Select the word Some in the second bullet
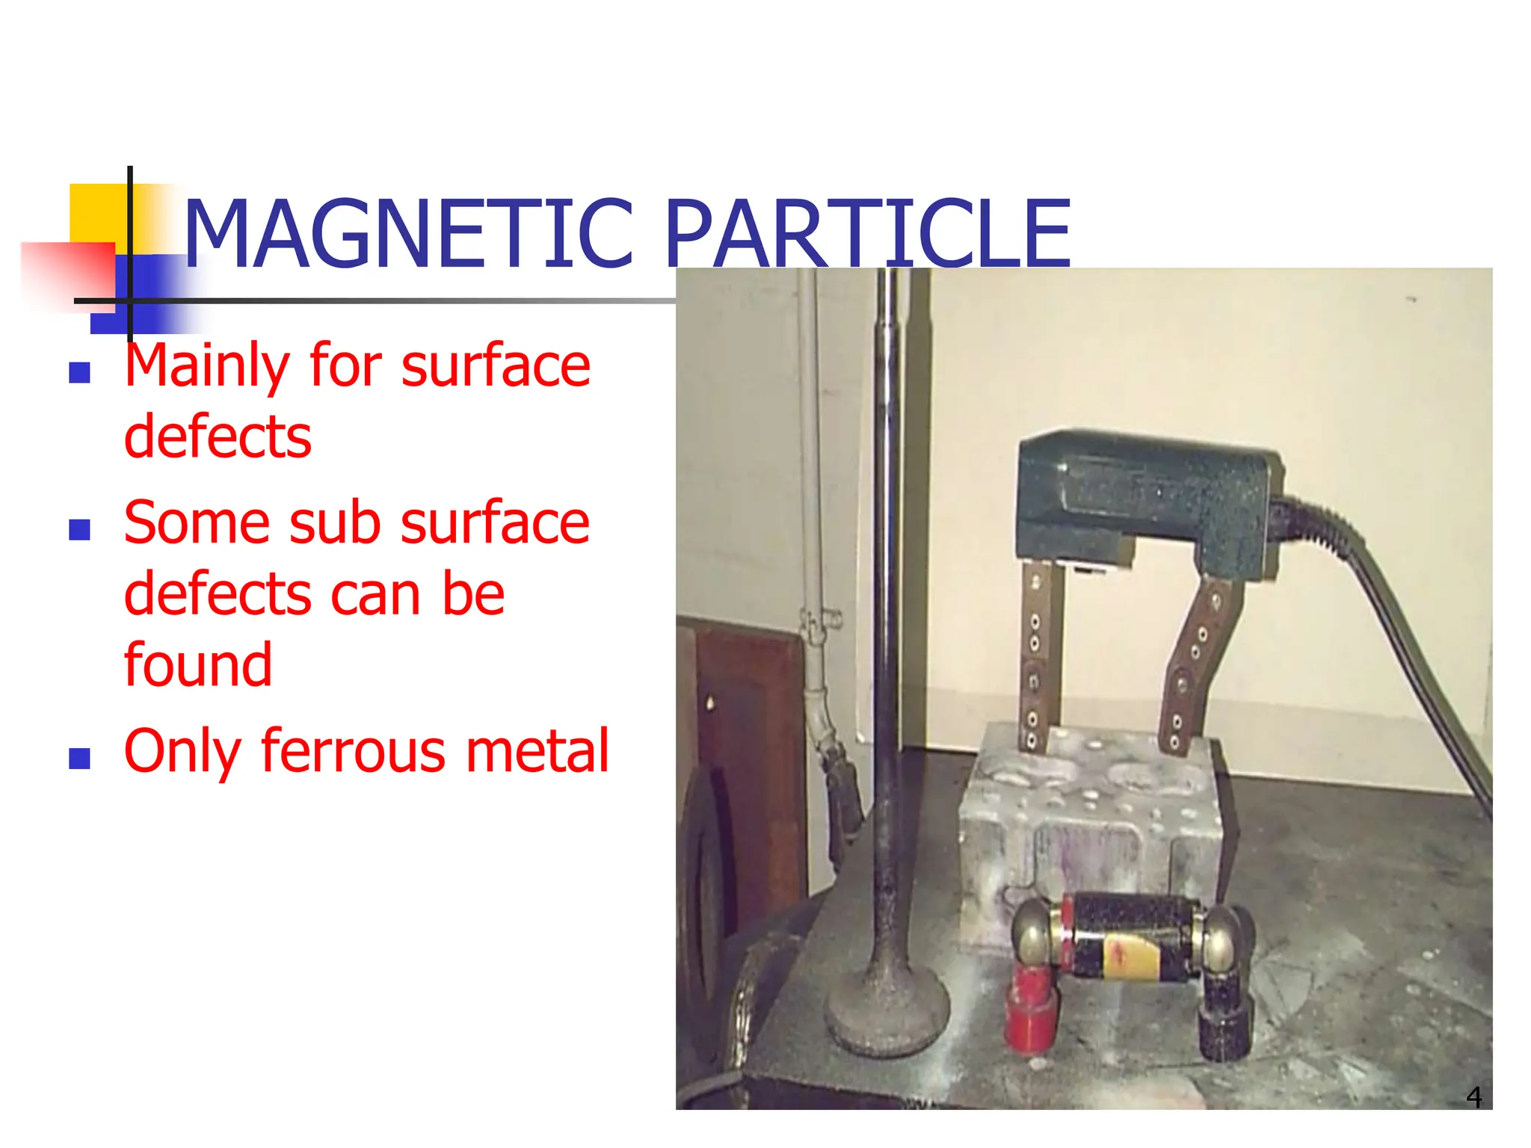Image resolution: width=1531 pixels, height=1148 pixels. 197,523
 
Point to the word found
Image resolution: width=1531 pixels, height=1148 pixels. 198,664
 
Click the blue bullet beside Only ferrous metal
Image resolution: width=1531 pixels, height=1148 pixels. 79,759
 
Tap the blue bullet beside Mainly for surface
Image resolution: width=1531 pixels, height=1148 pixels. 79,372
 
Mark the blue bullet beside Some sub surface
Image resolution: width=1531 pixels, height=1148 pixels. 79,530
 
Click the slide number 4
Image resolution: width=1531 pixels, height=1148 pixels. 1473,1096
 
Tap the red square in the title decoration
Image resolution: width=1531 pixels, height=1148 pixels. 67,273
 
